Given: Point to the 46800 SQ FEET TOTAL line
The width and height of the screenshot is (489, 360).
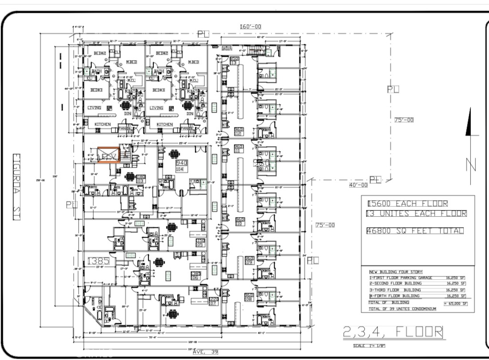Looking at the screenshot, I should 415,231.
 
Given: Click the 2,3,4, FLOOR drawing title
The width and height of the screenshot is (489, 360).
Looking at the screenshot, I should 393,332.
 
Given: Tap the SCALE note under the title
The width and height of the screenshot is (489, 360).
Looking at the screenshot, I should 369,345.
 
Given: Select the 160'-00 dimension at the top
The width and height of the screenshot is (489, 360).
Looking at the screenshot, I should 251,27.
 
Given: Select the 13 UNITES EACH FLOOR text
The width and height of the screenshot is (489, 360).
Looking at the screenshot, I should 415,214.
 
